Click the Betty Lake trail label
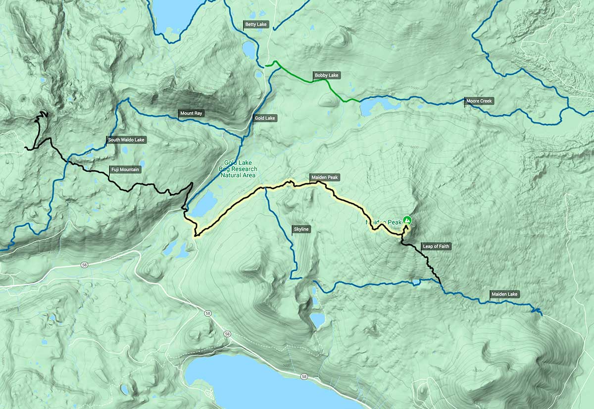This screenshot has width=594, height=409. pyautogui.click(x=255, y=24)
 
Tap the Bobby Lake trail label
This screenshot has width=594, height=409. pyautogui.click(x=326, y=76)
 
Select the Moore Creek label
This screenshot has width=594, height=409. pyautogui.click(x=479, y=102)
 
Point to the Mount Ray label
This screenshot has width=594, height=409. pyautogui.click(x=191, y=113)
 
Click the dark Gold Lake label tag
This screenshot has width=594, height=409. pyautogui.click(x=265, y=118)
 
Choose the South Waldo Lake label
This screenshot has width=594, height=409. pyautogui.click(x=126, y=140)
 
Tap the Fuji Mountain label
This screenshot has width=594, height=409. pyautogui.click(x=125, y=170)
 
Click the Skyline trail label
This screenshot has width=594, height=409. pyautogui.click(x=301, y=229)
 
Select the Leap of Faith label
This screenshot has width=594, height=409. pyautogui.click(x=436, y=246)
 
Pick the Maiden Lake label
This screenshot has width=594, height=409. pyautogui.click(x=504, y=294)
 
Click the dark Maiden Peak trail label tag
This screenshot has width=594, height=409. pyautogui.click(x=325, y=177)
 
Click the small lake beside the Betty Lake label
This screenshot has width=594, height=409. pyautogui.click(x=248, y=49)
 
